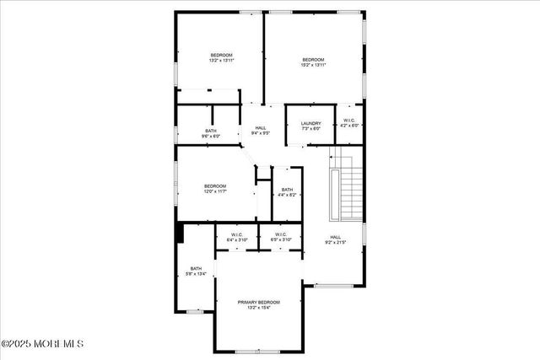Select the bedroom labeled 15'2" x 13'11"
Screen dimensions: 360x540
[x=314, y=61]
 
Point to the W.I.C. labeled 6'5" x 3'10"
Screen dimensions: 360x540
[x=280, y=237]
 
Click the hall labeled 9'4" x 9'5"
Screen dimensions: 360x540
[x=261, y=130]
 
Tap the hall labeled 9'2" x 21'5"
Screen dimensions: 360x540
[x=336, y=239]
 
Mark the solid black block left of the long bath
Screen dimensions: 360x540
[x=179, y=234]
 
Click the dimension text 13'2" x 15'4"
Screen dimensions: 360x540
[x=258, y=308]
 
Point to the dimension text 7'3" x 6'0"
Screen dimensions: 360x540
[x=310, y=128]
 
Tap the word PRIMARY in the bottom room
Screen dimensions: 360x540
[x=247, y=302]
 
